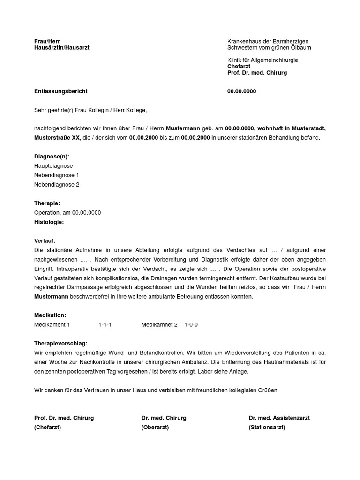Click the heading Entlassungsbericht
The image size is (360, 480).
coord(60,91)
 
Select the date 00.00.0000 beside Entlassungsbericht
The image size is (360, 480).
coord(241,91)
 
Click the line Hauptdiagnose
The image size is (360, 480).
coord(53,166)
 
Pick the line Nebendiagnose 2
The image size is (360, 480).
coord(57,185)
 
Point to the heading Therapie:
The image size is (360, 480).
coord(47,203)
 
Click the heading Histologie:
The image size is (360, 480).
coord(49,222)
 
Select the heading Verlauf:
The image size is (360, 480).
coord(45,241)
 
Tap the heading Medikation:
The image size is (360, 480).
coord(50,315)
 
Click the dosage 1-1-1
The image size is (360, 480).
coord(105,325)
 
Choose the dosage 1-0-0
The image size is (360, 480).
coord(191,325)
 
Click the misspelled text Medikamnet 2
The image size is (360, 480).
coord(159,325)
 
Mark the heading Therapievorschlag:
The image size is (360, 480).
coord(60,344)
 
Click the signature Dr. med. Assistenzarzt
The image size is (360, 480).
coord(279,418)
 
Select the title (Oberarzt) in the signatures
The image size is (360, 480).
coord(155,427)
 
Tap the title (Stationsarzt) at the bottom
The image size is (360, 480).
coord(267,427)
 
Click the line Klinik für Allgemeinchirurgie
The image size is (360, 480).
coord(262,60)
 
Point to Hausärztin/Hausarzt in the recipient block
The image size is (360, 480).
coord(61,48)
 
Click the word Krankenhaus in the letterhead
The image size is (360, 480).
coord(245,42)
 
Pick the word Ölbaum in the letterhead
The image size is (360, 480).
coord(300,48)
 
